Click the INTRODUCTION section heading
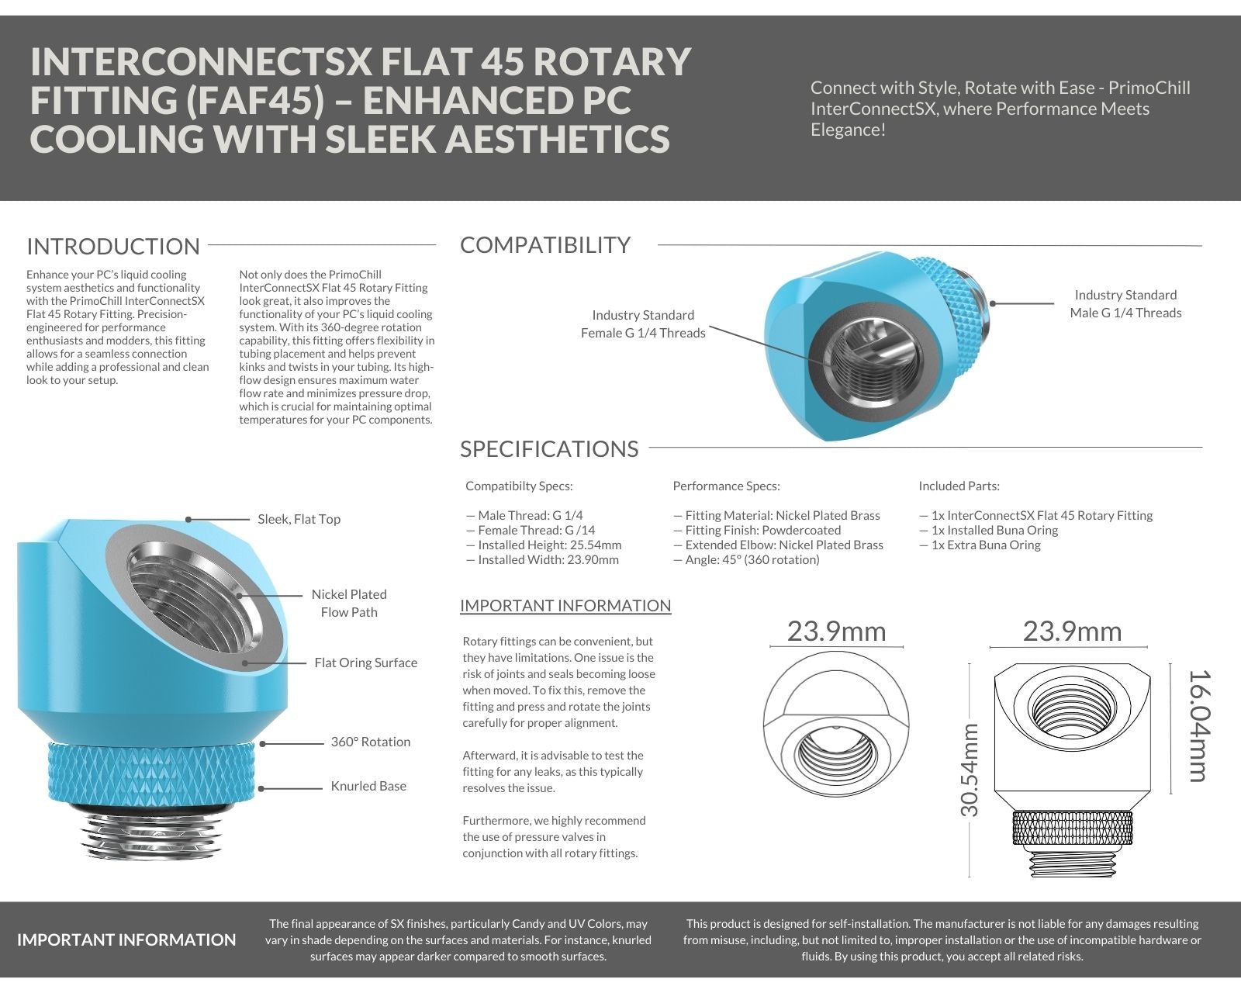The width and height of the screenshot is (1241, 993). coord(113,247)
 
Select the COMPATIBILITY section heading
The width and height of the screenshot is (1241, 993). coord(545,245)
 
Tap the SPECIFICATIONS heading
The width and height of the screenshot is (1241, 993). coord(549,449)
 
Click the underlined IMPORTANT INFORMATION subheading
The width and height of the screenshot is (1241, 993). coord(565,606)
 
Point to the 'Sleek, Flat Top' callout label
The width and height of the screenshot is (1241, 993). coord(299,519)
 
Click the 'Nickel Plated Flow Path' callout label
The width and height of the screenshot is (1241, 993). coord(349,603)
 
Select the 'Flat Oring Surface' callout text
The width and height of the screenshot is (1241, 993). coord(365,663)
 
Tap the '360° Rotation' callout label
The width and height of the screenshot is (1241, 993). coord(370,742)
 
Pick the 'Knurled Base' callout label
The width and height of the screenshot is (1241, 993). coord(368,786)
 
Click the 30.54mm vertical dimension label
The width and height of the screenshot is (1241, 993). coord(970,770)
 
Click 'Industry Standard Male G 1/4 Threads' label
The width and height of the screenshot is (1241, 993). coord(1125,304)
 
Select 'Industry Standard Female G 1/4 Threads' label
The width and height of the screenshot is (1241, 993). coord(643,324)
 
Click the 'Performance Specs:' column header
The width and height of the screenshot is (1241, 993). coord(726,486)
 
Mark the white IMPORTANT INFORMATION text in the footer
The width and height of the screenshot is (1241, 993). coord(126,939)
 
